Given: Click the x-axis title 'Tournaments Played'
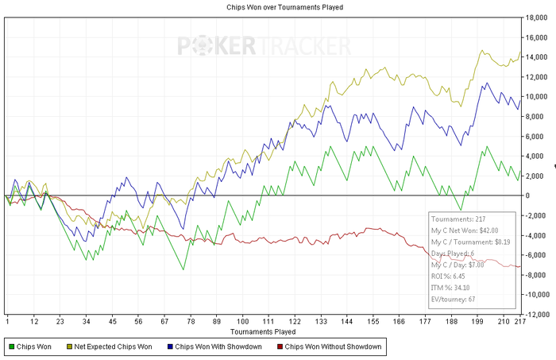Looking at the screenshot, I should point(264,331).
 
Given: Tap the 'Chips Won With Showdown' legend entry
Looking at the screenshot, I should point(217,346).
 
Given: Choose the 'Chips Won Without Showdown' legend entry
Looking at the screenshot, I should point(328,346).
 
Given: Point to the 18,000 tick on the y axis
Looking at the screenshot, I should point(538,17).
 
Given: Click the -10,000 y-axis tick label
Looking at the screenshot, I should point(537,294).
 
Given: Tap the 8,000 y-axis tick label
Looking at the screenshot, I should point(535,116).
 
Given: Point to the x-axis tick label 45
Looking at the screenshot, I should point(113,321).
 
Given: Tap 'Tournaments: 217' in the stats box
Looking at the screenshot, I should point(455,217).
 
